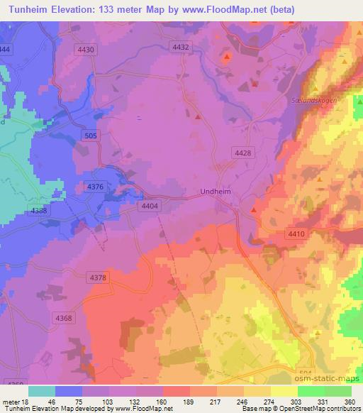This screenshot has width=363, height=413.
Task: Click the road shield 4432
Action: coord(181,47)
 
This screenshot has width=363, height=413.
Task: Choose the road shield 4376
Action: coord(95,187)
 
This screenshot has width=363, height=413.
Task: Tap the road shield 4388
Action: coord(40,211)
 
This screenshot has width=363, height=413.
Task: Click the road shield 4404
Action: coord(149,205)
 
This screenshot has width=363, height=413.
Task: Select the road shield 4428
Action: coord(242,153)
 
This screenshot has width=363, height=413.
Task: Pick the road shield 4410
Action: coord(296,233)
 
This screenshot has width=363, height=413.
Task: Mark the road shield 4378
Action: coord(98,277)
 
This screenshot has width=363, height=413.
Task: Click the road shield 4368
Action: coord(64,318)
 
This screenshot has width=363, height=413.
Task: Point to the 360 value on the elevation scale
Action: coord(348,401)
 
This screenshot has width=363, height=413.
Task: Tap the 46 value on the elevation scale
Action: coord(52,401)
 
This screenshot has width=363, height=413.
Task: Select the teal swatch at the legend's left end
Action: coord(42,391)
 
